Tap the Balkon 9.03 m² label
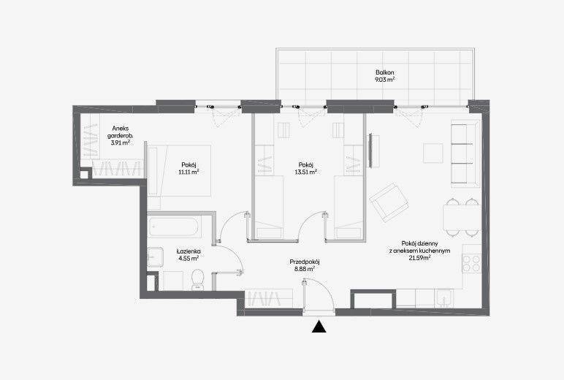(384, 76)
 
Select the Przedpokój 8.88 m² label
(305, 265)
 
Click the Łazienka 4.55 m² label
(188, 255)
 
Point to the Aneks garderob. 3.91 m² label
(120, 135)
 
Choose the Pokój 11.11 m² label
(188, 168)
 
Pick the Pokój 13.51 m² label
(305, 168)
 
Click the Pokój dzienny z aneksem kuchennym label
(419, 247)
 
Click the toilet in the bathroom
(197, 280)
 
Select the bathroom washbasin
(155, 256)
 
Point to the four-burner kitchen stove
(471, 263)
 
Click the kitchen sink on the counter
(444, 298)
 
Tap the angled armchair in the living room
(389, 202)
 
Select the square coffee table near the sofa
(433, 153)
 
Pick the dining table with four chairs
(462, 217)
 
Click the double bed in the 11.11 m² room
(180, 170)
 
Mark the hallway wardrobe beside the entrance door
(268, 298)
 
